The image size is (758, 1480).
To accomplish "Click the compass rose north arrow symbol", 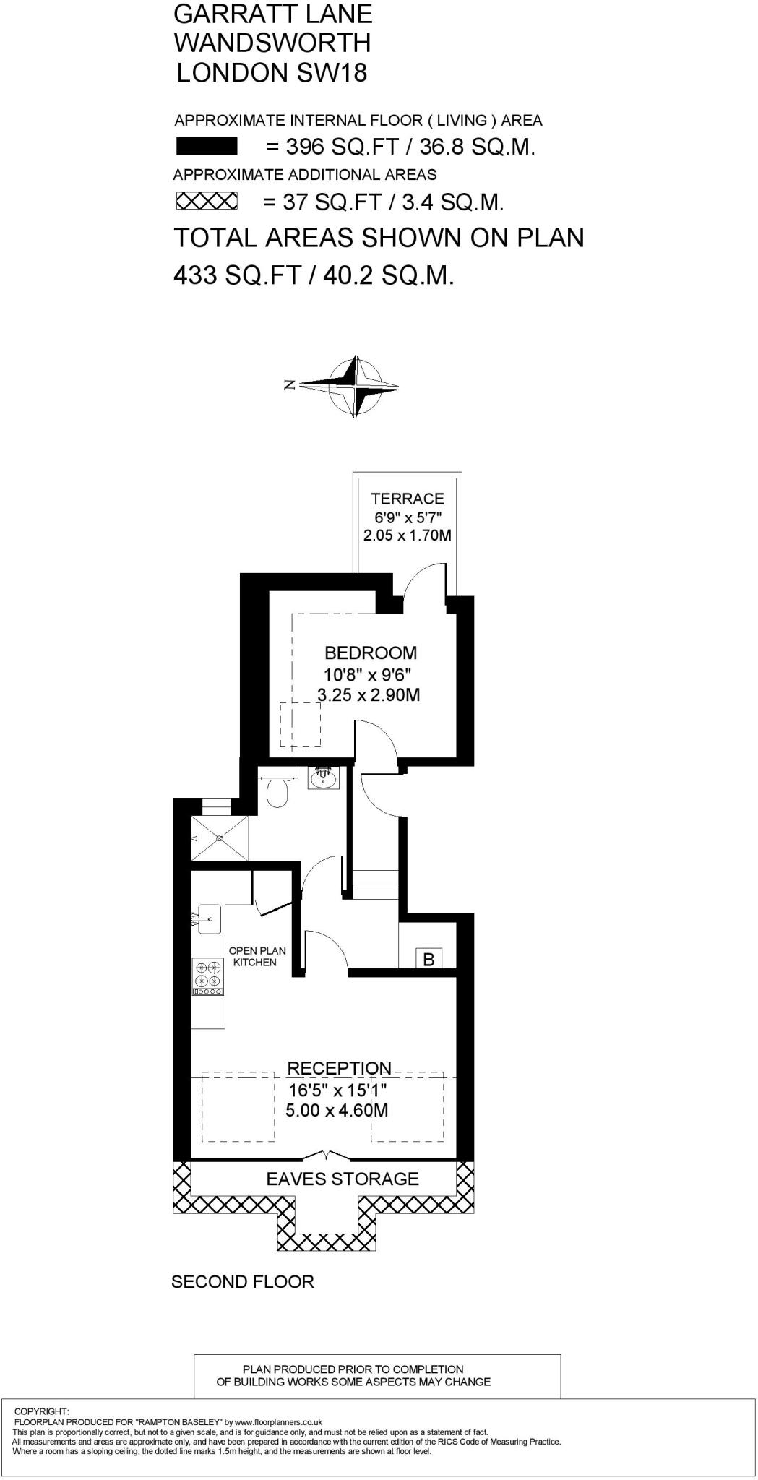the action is (x=350, y=385).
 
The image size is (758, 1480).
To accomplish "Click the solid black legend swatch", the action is (x=207, y=147).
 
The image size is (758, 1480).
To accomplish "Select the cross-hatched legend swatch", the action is (x=207, y=201).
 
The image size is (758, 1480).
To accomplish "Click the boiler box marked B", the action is (x=429, y=959).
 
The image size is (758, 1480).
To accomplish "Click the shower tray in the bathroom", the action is (x=220, y=838).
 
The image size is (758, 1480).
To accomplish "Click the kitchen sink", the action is (x=207, y=918).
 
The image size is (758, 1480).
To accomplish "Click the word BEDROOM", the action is (x=371, y=653).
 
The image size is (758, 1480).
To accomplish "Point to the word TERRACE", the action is (x=408, y=499).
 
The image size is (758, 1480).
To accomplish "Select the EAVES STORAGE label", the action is (x=343, y=1179).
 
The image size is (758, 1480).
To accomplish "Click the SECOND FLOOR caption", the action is (x=243, y=1282).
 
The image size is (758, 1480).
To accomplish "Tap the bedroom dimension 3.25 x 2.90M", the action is (x=369, y=695).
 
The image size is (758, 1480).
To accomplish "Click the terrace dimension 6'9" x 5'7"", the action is (x=408, y=517).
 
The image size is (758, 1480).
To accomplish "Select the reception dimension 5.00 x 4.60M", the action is (x=337, y=1110).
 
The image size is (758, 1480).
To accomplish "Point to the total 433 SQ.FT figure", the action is (x=237, y=275).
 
